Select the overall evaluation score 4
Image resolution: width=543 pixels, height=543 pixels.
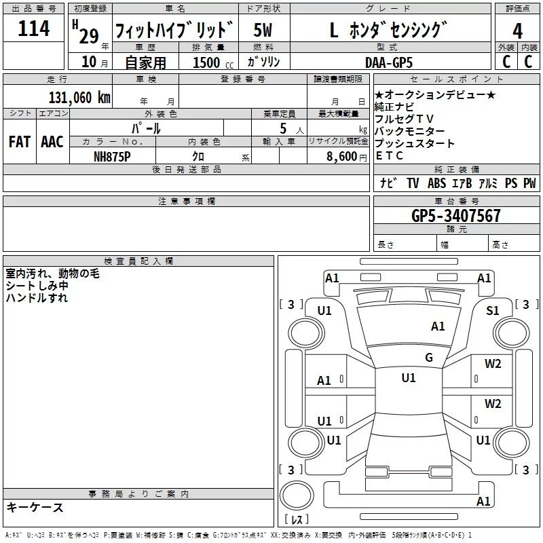coord(517,31)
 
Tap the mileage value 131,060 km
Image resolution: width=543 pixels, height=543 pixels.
coord(79,97)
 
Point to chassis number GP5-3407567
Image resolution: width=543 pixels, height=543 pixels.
coord(456,217)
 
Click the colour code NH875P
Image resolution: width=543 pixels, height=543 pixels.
coord(112,155)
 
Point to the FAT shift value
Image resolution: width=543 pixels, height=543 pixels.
coord(20,141)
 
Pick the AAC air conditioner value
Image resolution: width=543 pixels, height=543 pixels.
coord(52,141)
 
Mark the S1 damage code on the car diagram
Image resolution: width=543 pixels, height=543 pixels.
coord(493,310)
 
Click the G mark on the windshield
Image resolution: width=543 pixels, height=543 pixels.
coord(428,358)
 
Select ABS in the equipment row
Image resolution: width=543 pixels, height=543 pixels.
coord(436,183)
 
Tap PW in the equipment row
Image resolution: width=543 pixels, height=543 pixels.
coord(529,183)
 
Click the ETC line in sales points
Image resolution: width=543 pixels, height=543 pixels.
coord(389,155)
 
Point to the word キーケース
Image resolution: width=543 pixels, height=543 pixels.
coord(35,507)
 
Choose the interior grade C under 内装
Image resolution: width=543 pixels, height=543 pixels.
coord(528,62)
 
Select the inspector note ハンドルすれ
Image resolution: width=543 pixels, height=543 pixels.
coord(37,297)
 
